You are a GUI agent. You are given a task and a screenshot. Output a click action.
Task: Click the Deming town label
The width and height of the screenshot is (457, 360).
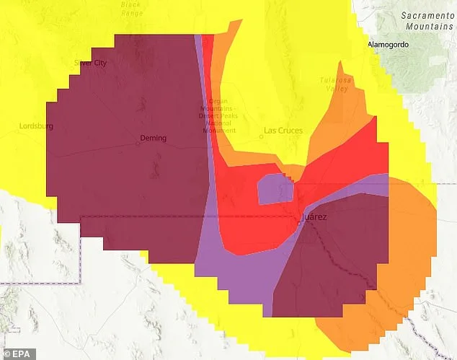[x=154, y=138]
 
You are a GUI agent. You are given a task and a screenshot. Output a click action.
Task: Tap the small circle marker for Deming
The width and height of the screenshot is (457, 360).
[x=137, y=143]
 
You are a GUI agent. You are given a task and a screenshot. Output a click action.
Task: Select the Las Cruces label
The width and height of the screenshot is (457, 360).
[x=283, y=131]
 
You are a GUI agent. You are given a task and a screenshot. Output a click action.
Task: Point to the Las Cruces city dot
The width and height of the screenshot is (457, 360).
[x=262, y=136]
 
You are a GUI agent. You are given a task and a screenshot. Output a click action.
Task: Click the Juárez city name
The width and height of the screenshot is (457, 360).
[x=315, y=216]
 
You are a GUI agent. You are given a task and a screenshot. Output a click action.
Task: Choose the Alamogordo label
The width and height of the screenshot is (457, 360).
[x=389, y=44]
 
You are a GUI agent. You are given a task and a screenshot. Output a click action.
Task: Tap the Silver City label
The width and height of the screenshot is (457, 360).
[x=90, y=63]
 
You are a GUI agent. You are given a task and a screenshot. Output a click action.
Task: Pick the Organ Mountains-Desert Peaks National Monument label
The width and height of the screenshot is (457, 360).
[x=218, y=115]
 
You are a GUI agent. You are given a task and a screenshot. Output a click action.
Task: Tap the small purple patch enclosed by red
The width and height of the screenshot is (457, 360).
[x=275, y=190]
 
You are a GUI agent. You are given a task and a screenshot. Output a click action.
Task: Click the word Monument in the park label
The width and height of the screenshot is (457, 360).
[x=218, y=131]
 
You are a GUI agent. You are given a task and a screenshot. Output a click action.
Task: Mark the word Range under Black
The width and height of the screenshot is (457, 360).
[x=130, y=12]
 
